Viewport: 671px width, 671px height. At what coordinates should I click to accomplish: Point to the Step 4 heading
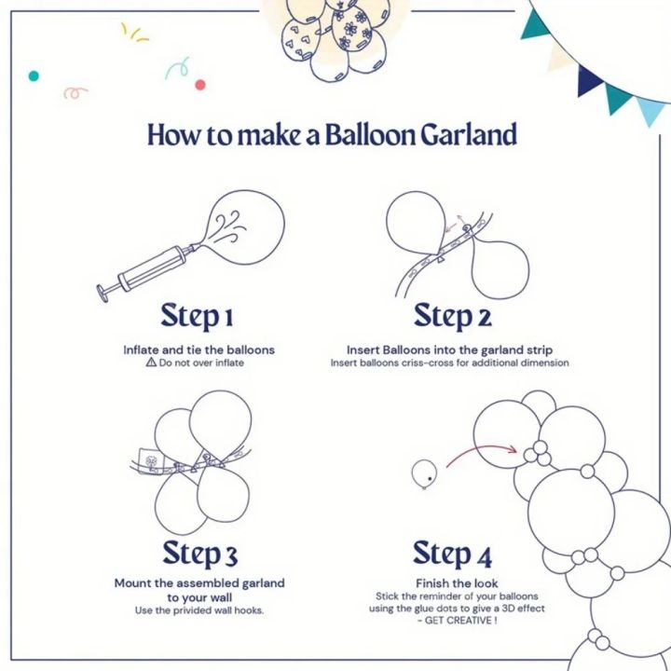(453, 554)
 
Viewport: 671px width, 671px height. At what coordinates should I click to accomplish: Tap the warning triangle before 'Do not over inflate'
(150, 363)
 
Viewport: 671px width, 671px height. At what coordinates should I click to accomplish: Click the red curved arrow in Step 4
(481, 451)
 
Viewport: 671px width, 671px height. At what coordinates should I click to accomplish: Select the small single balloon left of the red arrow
(423, 473)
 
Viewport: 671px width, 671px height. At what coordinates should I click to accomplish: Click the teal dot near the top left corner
(34, 75)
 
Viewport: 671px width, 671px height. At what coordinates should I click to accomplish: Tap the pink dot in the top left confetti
(199, 85)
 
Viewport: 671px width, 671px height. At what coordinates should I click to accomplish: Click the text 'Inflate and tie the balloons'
(199, 349)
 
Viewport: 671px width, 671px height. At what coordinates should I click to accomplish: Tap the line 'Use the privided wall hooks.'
(199, 609)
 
